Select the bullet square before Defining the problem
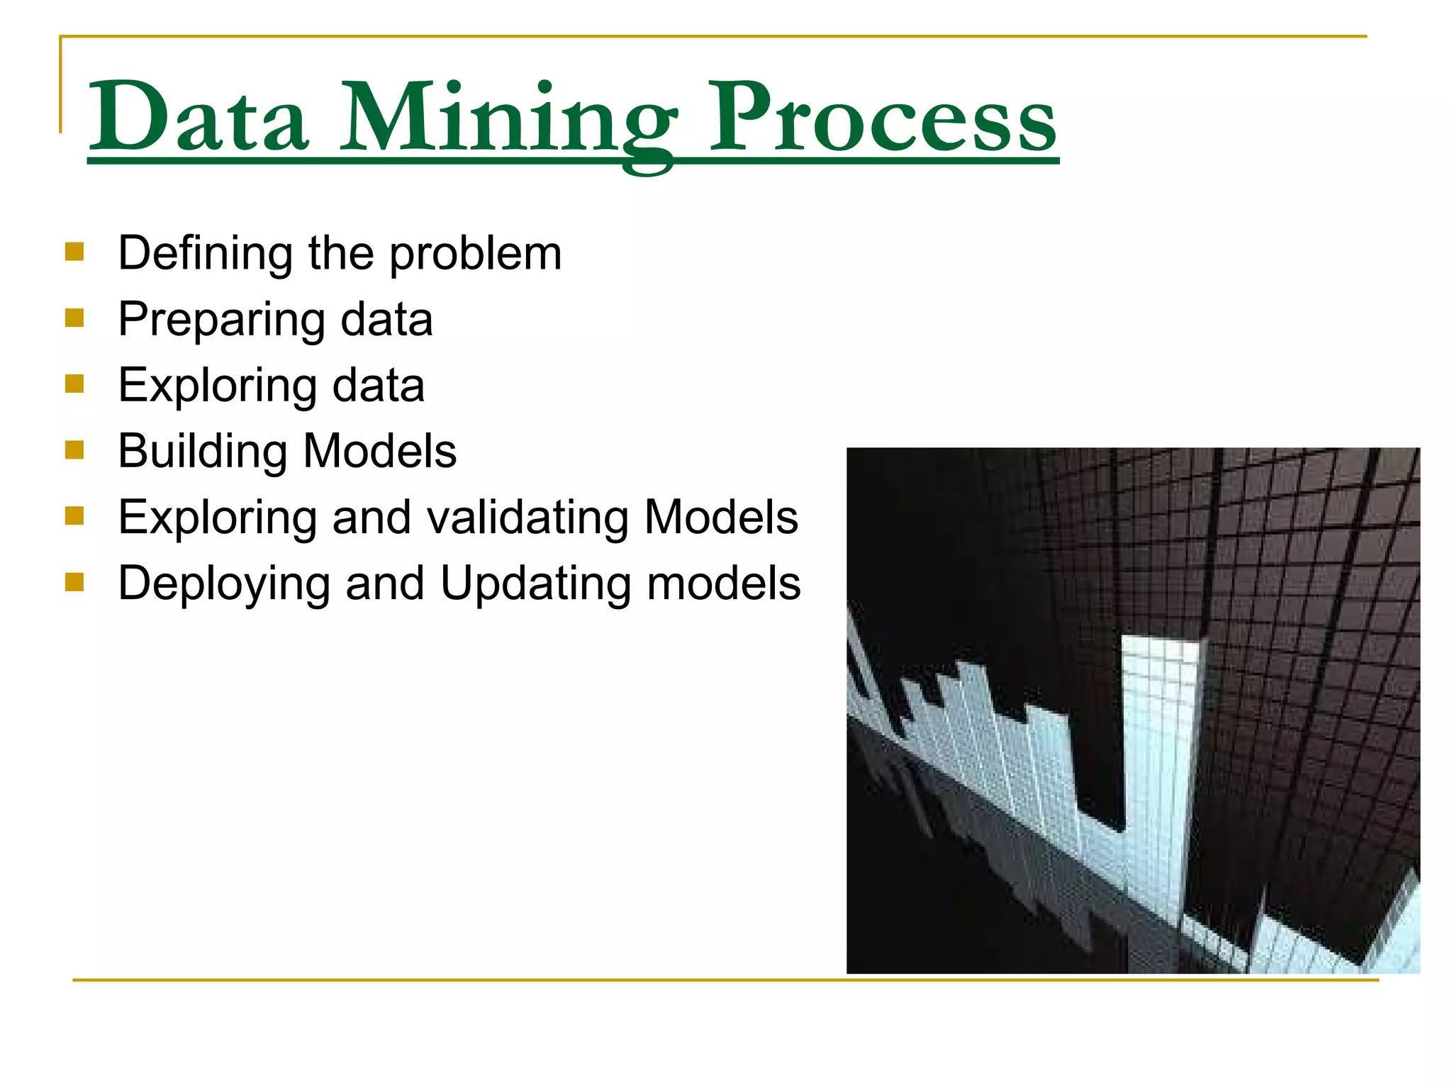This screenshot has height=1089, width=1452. [74, 252]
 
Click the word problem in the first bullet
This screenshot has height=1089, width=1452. [476, 254]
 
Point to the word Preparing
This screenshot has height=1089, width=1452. [220, 320]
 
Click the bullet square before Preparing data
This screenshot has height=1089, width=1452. [74, 318]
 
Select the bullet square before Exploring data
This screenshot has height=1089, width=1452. [74, 384]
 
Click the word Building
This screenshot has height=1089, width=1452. [202, 452]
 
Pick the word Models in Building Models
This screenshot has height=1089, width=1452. [380, 451]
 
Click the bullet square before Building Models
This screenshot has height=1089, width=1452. [74, 449]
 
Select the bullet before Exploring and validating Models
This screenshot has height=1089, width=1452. [74, 515]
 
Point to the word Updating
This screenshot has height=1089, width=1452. [535, 584]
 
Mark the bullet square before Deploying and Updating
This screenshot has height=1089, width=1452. [74, 581]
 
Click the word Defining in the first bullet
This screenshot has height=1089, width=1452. [205, 253]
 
